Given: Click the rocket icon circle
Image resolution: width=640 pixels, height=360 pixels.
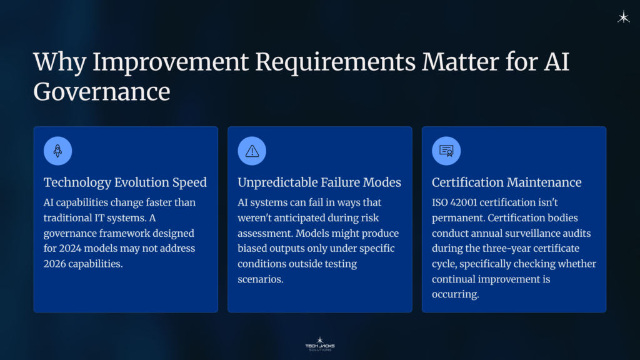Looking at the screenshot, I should pos(57,151).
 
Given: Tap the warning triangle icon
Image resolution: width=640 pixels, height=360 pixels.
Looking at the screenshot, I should pos(252,151).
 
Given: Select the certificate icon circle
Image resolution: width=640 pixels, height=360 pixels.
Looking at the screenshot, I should pos(446,151).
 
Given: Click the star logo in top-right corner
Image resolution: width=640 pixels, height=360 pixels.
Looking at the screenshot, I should pos(623,17).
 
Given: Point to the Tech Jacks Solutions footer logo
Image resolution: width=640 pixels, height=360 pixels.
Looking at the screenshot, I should pos(319,343).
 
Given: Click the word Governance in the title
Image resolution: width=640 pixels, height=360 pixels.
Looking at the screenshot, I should pos(101,91).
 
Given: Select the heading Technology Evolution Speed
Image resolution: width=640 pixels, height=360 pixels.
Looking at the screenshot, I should pos(125,182).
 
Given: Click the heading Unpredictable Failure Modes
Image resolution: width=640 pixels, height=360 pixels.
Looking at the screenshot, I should pos(319,182).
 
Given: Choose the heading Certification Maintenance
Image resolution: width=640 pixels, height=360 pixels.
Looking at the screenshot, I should pos(506,182).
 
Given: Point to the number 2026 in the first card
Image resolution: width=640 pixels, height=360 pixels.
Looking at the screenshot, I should pos(57,264).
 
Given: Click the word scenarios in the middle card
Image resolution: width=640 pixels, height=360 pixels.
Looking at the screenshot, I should pos(260,279).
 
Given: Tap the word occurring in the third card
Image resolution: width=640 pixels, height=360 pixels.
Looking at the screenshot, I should pos(455,294).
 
